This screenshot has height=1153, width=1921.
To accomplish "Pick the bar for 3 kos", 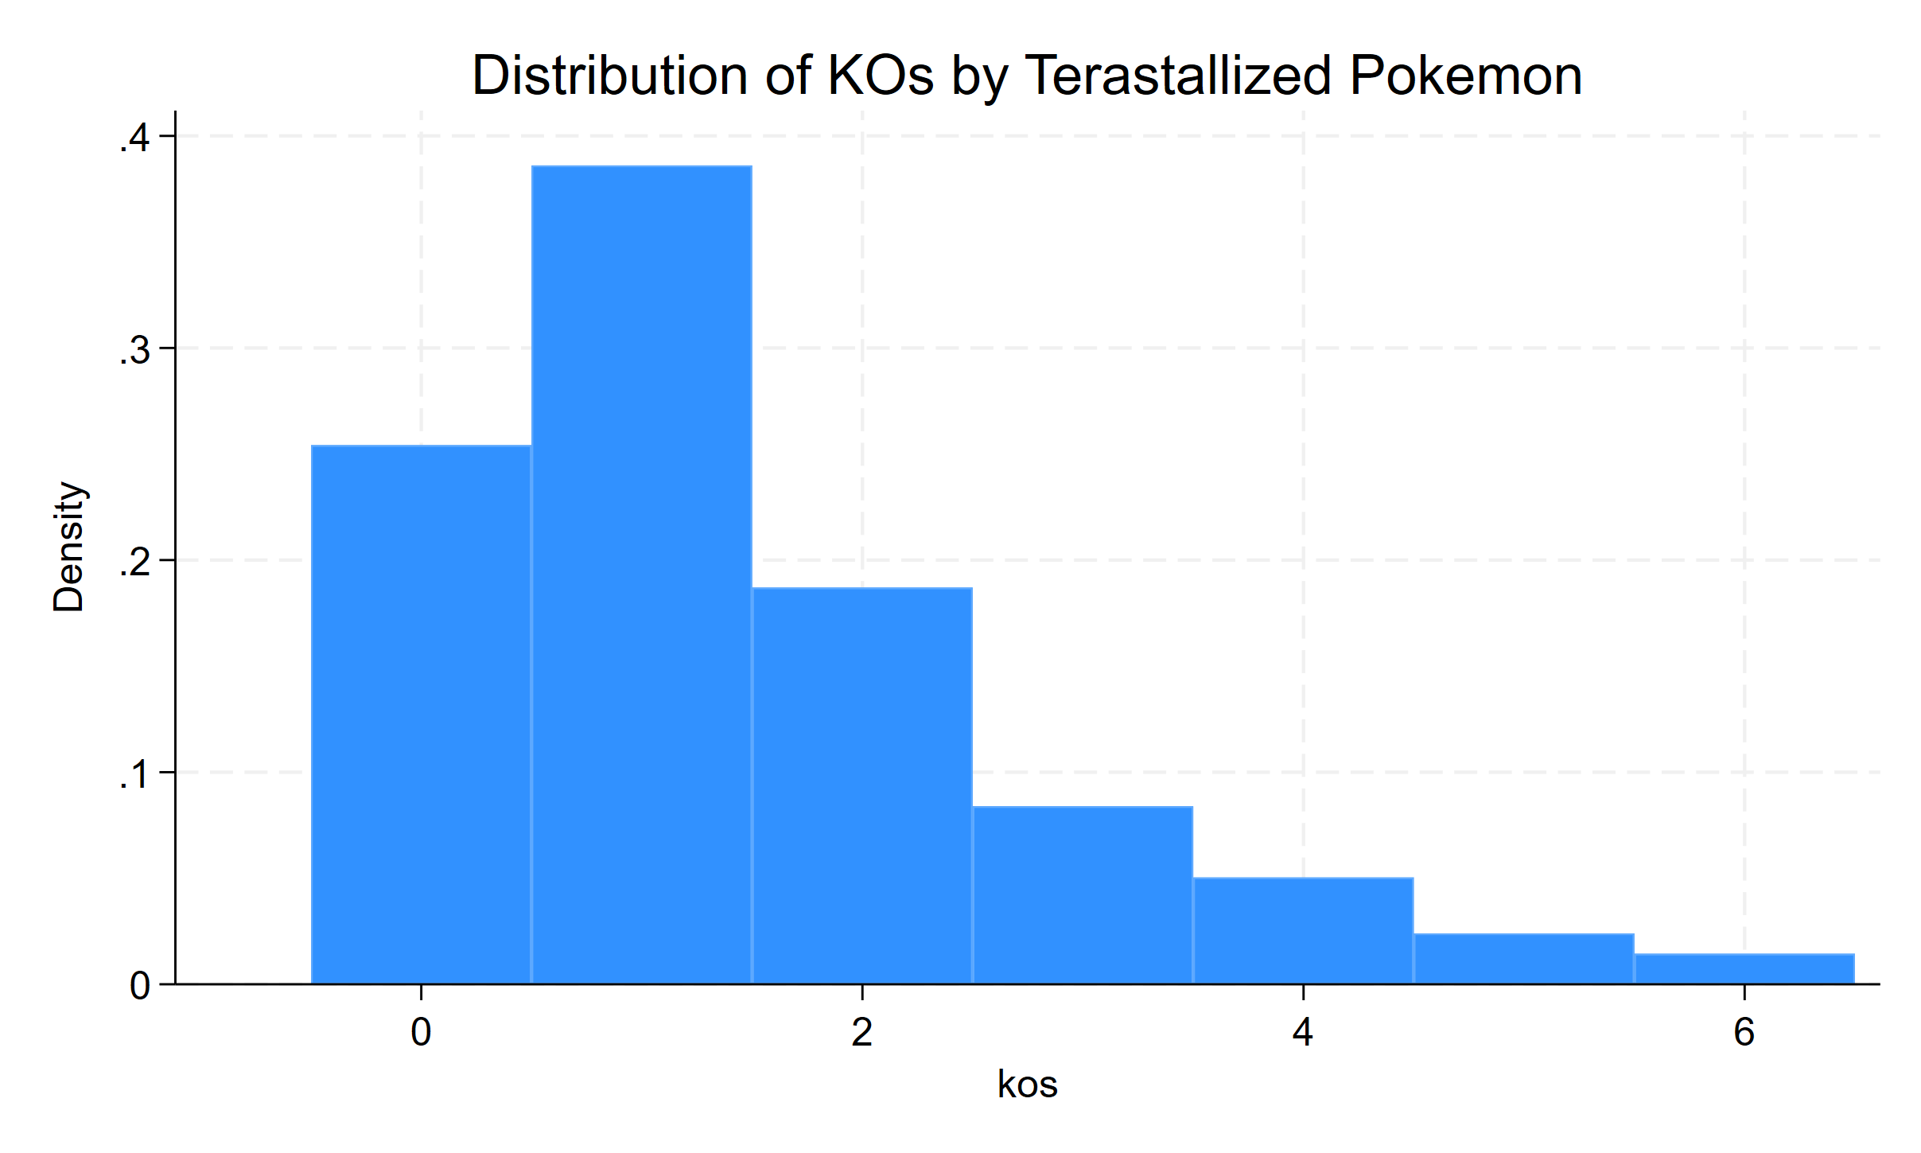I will coord(1082,895).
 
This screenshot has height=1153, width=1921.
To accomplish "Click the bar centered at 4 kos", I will coord(1303,931).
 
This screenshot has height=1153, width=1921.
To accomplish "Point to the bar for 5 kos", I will coord(1523,959).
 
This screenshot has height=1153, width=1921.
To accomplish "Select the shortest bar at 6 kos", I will coord(1744,969).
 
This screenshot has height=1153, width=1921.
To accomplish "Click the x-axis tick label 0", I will coord(421,1033).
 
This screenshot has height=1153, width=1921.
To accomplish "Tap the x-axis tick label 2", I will coord(861,1033).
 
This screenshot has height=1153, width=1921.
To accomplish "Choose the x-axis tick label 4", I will coord(1303,1033).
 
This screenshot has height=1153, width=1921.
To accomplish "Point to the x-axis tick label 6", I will coord(1744,1033).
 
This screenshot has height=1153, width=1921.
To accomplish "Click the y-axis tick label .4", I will coord(134,138).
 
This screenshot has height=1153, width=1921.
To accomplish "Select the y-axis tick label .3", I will coord(134,350).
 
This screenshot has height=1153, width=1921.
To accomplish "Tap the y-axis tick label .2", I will coord(134,563).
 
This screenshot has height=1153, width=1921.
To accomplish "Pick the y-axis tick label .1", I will coord(134,774).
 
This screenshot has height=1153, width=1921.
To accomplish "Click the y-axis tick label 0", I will coord(140,986).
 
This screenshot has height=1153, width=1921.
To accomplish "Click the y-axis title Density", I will coord(68,547).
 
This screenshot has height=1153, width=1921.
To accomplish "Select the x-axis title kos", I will coord(1027,1085).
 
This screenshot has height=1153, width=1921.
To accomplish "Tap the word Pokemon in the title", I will coord(1465,76).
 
